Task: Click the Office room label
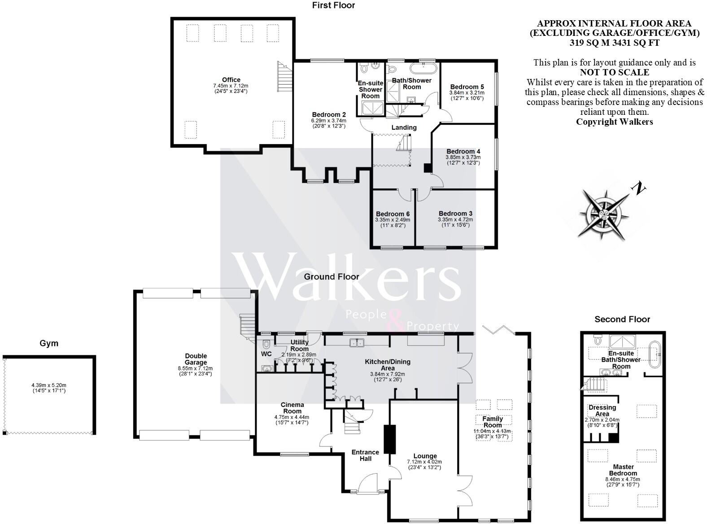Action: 231,80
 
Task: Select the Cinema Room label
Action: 292,408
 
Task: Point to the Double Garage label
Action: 196,359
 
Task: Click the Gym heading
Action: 49,343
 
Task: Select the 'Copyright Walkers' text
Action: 614,122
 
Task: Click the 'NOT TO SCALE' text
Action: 614,72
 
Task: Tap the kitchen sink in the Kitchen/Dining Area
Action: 358,343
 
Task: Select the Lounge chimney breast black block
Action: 388,439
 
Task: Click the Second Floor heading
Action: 622,319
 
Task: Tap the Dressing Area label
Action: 602,410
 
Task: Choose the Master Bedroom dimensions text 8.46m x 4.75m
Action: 622,479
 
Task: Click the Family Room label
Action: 492,422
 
